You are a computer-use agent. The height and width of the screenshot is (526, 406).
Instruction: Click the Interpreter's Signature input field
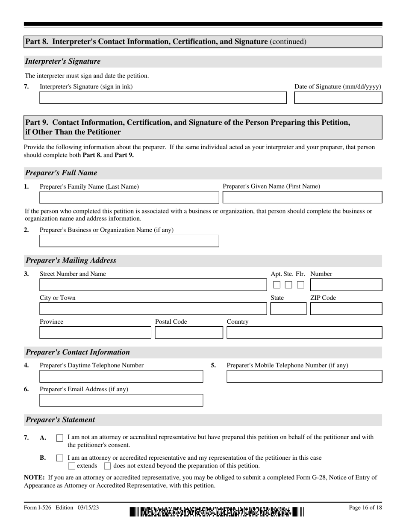pos(163,98)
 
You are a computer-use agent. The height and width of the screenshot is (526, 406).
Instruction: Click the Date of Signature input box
pos(338,98)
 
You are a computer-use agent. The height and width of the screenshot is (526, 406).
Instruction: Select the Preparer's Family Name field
pos(129,197)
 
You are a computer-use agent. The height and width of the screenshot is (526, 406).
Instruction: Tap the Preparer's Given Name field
pos(303,197)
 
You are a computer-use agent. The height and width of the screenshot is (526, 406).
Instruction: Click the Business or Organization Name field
pos(129,241)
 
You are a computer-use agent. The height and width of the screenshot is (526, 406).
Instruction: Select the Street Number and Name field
pos(153,285)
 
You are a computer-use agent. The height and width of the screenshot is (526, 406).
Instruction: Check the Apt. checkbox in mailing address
pos(277,285)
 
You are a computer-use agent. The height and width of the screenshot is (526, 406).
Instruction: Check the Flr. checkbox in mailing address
pos(301,285)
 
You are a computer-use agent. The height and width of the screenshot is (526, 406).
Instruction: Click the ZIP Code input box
pos(346,309)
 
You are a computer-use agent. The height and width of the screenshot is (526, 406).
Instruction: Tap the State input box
pos(288,309)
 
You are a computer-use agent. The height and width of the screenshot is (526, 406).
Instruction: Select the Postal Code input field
pos(188,333)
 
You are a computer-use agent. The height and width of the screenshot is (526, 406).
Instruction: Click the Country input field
pos(304,333)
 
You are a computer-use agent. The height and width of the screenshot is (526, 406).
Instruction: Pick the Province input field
pos(95,333)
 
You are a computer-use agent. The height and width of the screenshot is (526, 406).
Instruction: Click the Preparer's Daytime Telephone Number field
pos(121,376)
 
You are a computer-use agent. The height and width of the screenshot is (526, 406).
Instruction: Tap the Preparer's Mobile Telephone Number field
pos(304,376)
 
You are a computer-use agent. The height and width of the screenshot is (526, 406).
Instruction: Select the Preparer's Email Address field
pos(121,400)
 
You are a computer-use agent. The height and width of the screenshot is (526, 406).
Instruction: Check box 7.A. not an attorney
pos(60,438)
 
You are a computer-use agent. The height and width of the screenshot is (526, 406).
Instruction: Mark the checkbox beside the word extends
pos(72,466)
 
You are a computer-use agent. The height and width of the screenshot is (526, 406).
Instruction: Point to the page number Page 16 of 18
pos(365,508)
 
